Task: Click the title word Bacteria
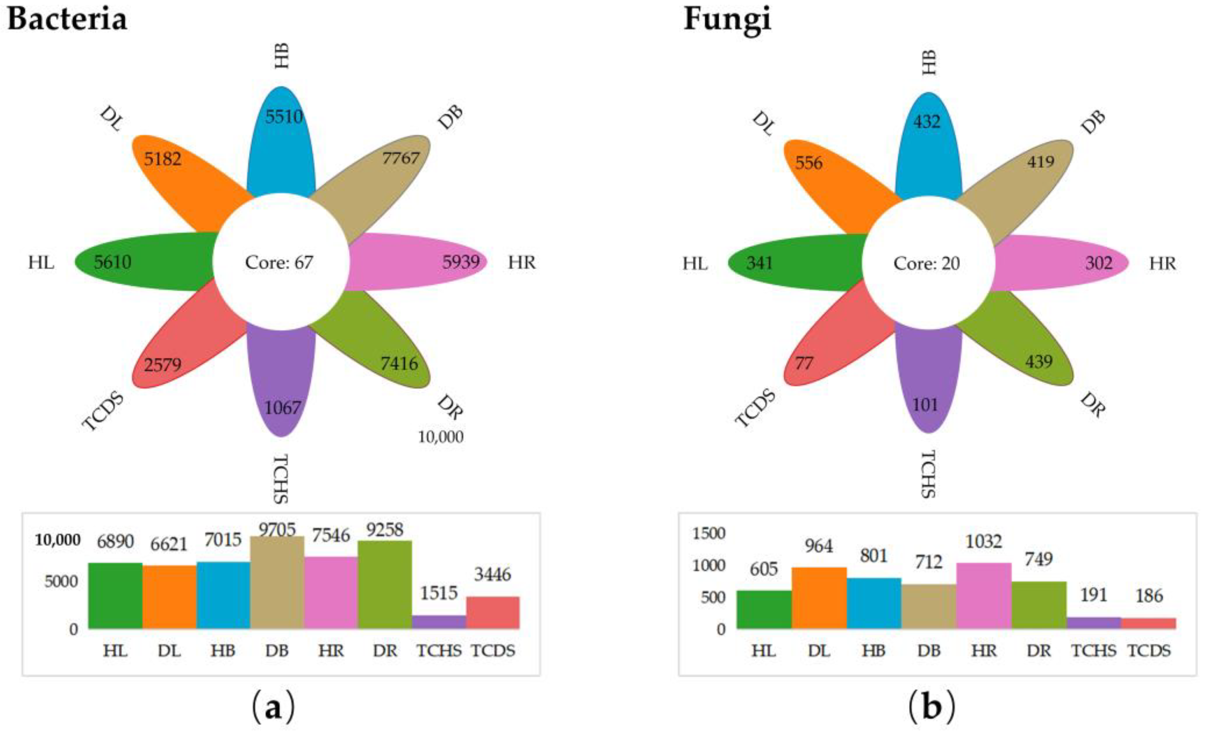(x=67, y=20)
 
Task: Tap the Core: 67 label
(x=279, y=263)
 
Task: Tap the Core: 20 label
(x=926, y=264)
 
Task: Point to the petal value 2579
(x=163, y=364)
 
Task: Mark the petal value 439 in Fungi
(x=1039, y=362)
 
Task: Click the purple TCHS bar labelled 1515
(x=439, y=622)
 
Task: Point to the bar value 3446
(x=492, y=574)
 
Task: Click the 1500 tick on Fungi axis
(x=709, y=533)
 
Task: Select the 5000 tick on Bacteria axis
(x=61, y=582)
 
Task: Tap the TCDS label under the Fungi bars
(x=1149, y=651)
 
